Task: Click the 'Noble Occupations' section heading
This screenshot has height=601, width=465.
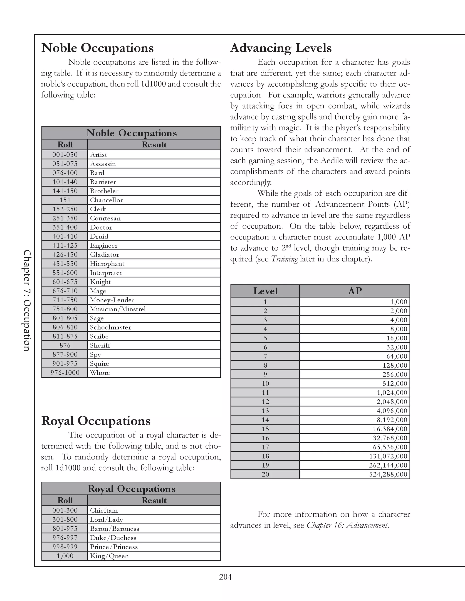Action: pyautogui.click(x=97, y=48)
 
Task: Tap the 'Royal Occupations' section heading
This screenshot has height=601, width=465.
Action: pyautogui.click(x=96, y=421)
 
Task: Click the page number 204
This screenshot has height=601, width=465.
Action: pyautogui.click(x=225, y=577)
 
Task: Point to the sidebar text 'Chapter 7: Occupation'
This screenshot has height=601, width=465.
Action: pyautogui.click(x=27, y=300)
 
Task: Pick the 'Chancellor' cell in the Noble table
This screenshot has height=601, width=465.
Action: pyautogui.click(x=106, y=200)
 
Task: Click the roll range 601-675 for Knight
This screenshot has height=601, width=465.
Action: pyautogui.click(x=65, y=282)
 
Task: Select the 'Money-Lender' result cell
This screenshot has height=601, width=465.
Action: pyautogui.click(x=112, y=300)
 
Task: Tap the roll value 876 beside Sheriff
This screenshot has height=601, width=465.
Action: pyautogui.click(x=65, y=345)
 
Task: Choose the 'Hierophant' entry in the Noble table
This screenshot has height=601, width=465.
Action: pyautogui.click(x=107, y=264)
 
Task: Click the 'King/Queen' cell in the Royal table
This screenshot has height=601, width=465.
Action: pyautogui.click(x=109, y=556)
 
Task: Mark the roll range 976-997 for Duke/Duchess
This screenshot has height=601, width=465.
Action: pyautogui.click(x=65, y=538)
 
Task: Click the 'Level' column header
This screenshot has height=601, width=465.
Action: pyautogui.click(x=265, y=291)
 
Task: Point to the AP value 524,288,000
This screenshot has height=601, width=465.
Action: pyautogui.click(x=388, y=474)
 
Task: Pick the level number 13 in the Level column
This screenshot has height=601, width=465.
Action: pyautogui.click(x=265, y=411)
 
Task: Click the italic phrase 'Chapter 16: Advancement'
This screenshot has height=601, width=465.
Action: pyautogui.click(x=347, y=525)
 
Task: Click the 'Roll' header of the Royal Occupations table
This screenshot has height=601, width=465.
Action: pyautogui.click(x=65, y=500)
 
